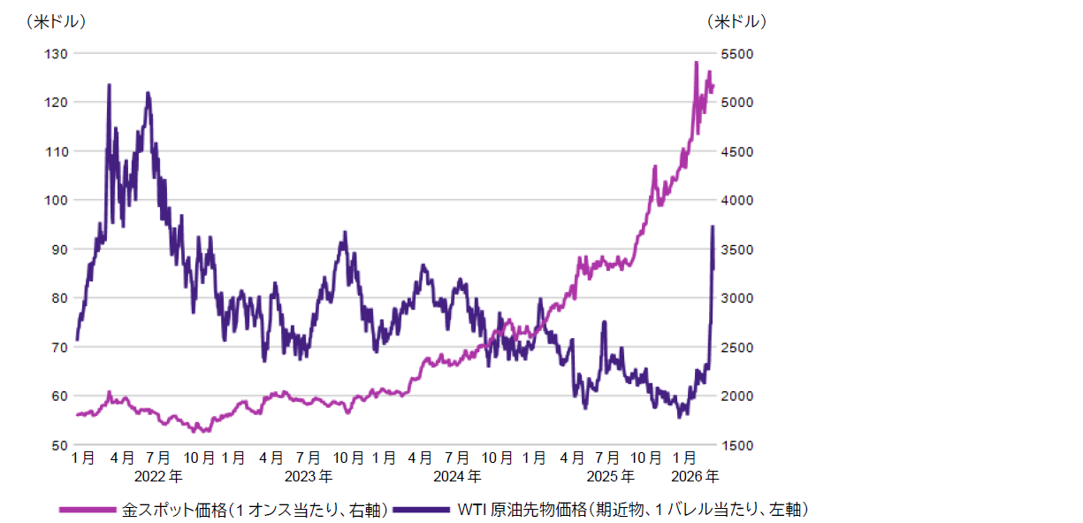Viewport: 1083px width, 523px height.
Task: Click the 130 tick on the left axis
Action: tap(56, 54)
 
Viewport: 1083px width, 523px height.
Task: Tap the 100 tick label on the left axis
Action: tap(56, 201)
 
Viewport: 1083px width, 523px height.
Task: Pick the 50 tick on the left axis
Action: tap(58, 445)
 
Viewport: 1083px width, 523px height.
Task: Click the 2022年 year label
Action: tap(159, 476)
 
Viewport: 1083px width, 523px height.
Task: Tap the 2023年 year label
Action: tap(309, 476)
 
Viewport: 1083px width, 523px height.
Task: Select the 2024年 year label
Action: tap(459, 476)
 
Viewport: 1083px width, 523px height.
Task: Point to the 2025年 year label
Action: tap(610, 476)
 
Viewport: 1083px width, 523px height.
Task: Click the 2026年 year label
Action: tap(695, 476)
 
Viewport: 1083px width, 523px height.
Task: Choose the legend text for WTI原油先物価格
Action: tap(633, 510)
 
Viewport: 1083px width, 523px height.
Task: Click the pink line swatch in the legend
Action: tap(88, 510)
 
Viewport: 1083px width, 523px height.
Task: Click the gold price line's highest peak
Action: tap(696, 63)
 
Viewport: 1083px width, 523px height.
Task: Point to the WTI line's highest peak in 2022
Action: tap(109, 85)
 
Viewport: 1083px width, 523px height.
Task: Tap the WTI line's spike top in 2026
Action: tap(713, 227)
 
